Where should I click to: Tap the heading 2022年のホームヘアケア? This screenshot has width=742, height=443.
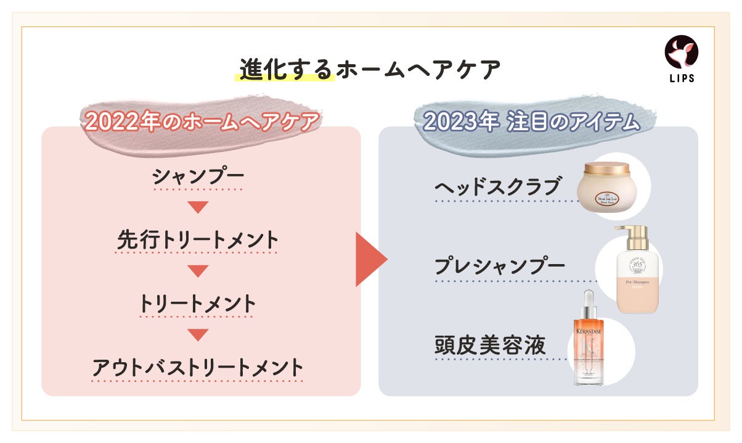202,122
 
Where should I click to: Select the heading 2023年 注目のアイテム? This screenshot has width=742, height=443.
531,122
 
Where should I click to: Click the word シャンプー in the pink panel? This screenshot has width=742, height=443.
198,178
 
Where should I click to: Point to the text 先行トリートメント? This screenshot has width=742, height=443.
198,241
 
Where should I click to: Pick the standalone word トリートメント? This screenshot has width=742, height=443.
198,304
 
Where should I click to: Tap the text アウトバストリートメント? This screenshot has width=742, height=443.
198,367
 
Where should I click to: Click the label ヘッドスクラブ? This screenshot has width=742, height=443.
498,186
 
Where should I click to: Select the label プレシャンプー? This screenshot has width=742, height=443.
500,267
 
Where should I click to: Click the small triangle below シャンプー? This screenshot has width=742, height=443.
198,207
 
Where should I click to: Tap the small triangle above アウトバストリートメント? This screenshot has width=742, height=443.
198,335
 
